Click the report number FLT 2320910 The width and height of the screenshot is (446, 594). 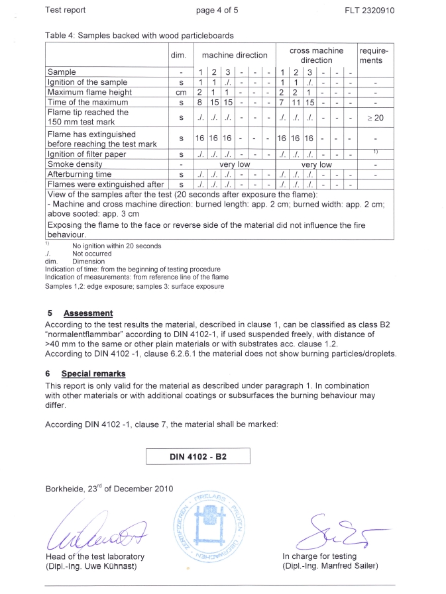(370, 11)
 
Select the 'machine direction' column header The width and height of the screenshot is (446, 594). (235, 56)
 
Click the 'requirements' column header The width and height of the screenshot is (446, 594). (375, 56)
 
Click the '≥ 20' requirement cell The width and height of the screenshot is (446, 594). (375, 118)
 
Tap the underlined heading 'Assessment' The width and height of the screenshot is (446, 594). (88, 313)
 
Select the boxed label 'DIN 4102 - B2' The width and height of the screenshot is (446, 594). (197, 456)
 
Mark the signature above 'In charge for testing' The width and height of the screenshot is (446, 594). (331, 528)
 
